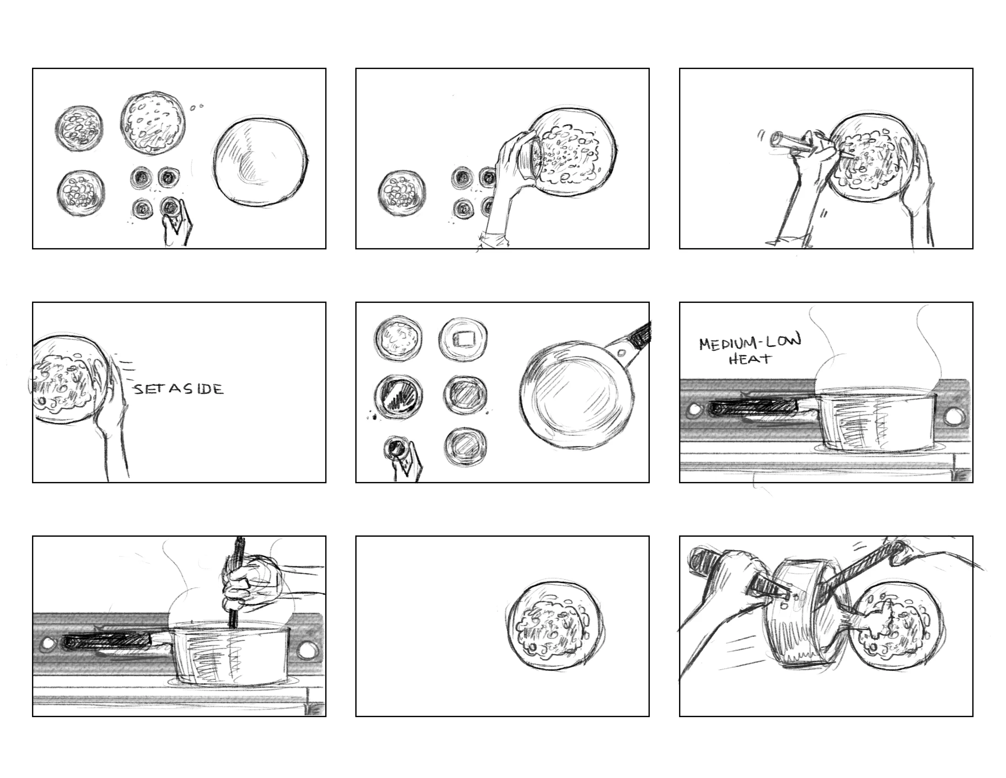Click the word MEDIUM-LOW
750,342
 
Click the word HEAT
749,359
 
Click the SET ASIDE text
179,389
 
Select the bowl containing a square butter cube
463,340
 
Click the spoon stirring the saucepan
238,581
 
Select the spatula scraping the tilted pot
852,583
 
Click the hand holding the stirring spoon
251,583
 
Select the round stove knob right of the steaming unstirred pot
953,417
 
